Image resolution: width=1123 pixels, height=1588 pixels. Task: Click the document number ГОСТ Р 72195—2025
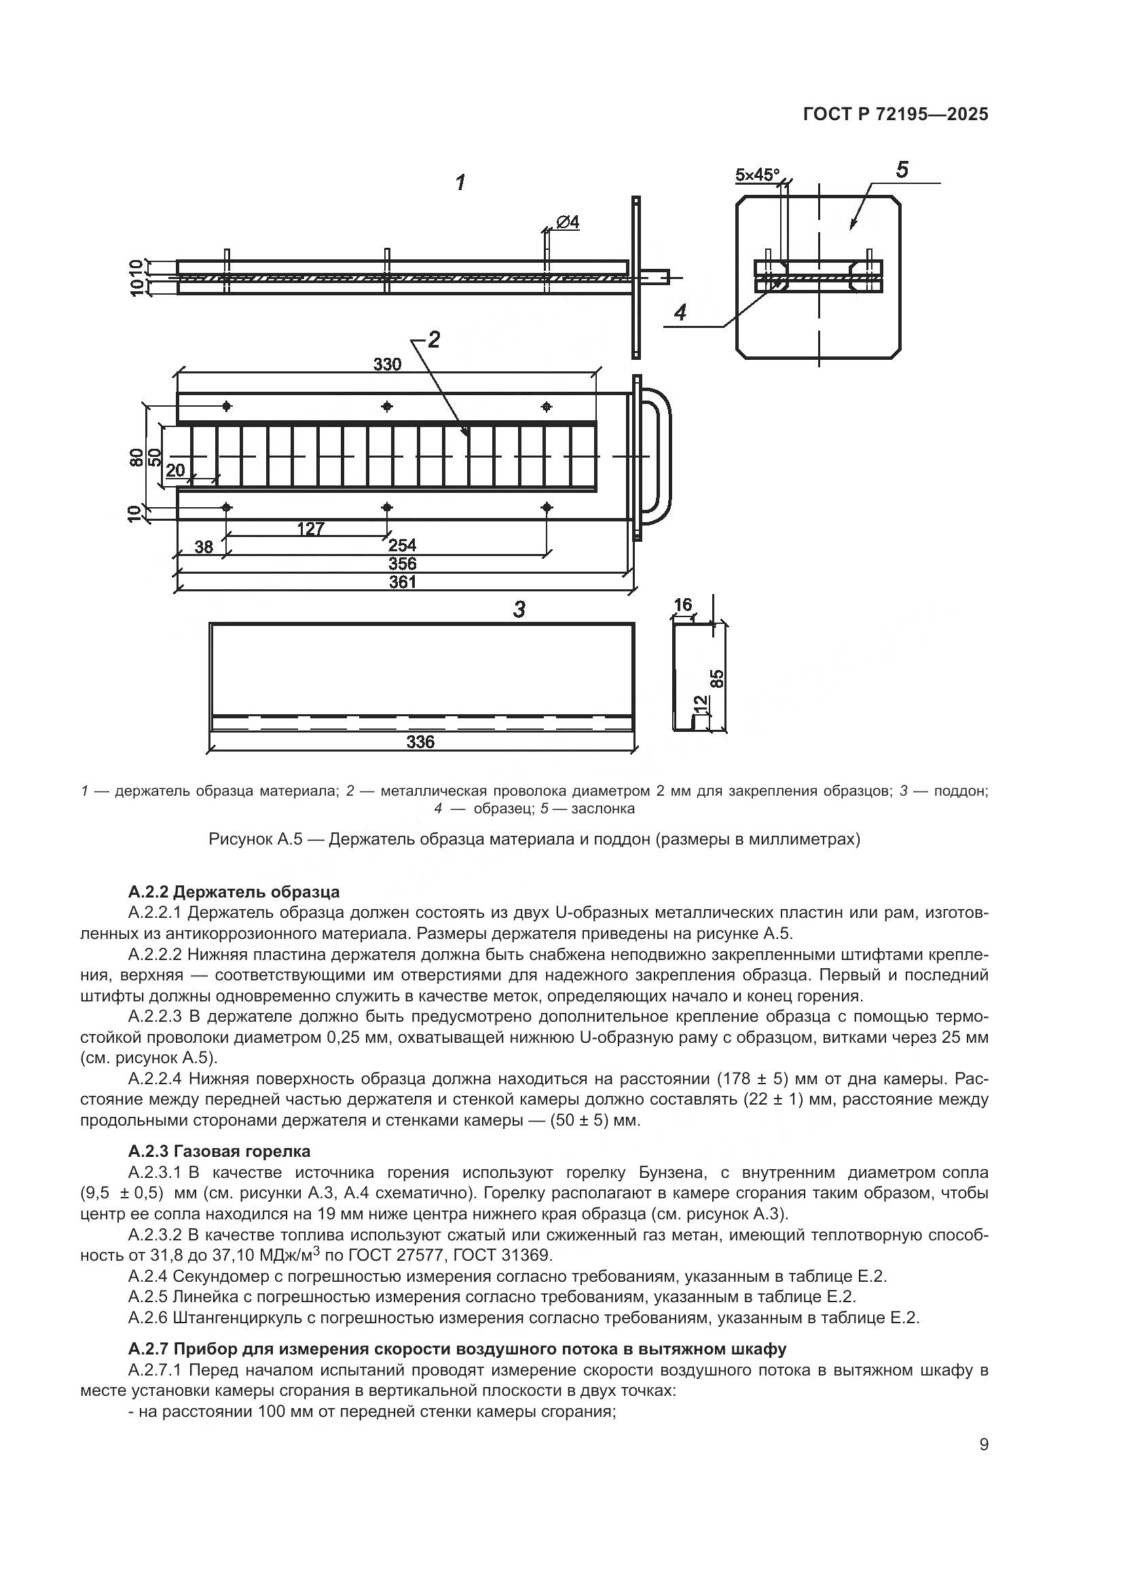896,115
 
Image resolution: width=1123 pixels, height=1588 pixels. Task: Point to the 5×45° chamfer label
756,174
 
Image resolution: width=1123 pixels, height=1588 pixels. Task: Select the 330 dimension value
387,365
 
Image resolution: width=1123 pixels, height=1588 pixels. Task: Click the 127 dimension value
310,529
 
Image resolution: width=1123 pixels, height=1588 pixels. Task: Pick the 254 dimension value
402,546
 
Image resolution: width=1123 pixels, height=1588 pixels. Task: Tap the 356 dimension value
402,564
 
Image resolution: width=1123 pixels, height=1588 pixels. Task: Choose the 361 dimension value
402,582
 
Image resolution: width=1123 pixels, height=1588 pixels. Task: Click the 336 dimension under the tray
420,742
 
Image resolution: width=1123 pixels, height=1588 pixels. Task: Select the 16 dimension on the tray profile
682,605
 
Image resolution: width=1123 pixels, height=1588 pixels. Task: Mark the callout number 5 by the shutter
902,170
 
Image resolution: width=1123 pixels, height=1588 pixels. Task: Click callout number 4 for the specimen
680,312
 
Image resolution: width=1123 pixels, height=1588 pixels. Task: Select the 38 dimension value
203,547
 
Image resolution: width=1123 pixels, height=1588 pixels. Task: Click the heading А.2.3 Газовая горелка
219,1151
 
